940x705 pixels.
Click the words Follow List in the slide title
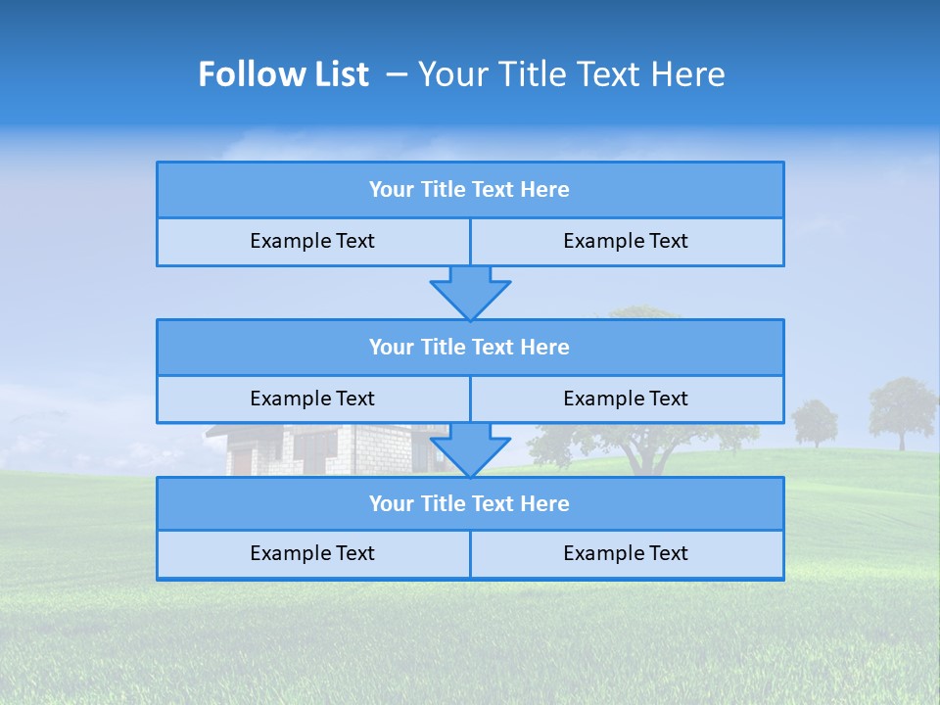283,74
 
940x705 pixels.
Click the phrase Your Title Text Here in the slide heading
571,74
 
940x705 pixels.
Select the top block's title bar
470,190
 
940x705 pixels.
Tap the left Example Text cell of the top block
312,241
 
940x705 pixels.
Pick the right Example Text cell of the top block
626,241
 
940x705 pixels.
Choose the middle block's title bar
470,348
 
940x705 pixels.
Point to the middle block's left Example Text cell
312,399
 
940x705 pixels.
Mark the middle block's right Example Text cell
626,399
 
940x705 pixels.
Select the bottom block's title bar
470,504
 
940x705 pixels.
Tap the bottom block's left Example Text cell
312,553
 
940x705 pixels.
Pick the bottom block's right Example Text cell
626,553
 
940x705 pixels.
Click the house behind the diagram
294,449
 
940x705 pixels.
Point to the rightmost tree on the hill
902,409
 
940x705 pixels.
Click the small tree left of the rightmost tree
815,422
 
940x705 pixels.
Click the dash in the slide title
397,74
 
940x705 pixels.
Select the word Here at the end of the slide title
691,74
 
